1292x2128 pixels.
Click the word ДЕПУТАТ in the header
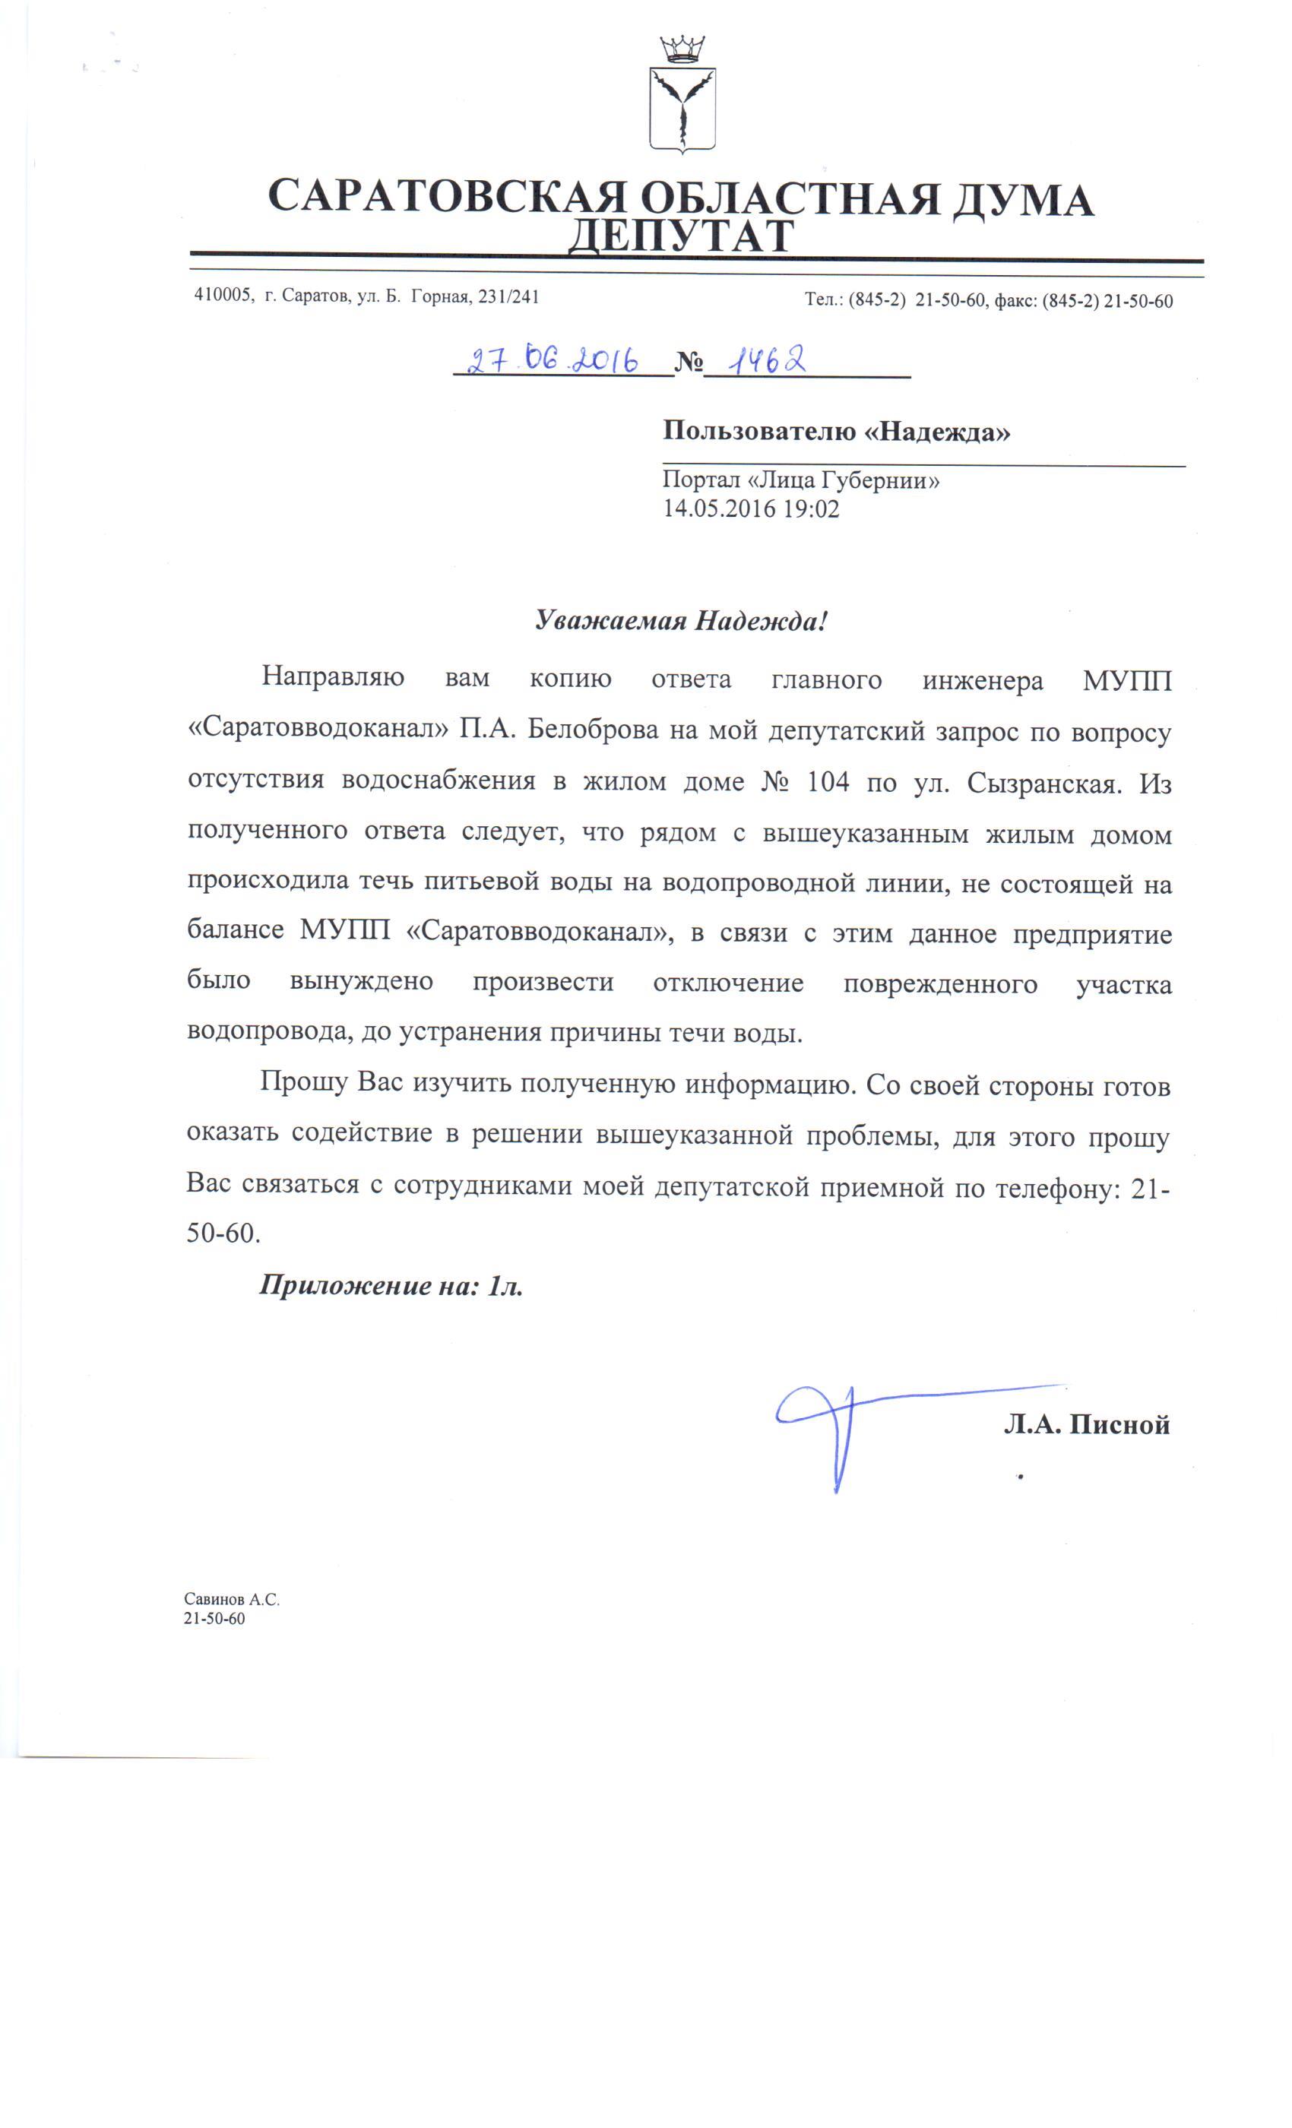(x=680, y=236)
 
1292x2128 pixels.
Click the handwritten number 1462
(x=765, y=360)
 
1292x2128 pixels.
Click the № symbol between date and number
(x=689, y=363)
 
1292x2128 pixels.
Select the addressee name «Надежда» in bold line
(x=938, y=431)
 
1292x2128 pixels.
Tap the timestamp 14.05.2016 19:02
(x=751, y=508)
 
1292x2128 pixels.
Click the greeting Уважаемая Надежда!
(x=680, y=621)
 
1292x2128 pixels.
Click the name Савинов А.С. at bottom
(x=232, y=1600)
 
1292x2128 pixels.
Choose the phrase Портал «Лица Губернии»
(x=800, y=481)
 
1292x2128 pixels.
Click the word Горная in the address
(x=441, y=297)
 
